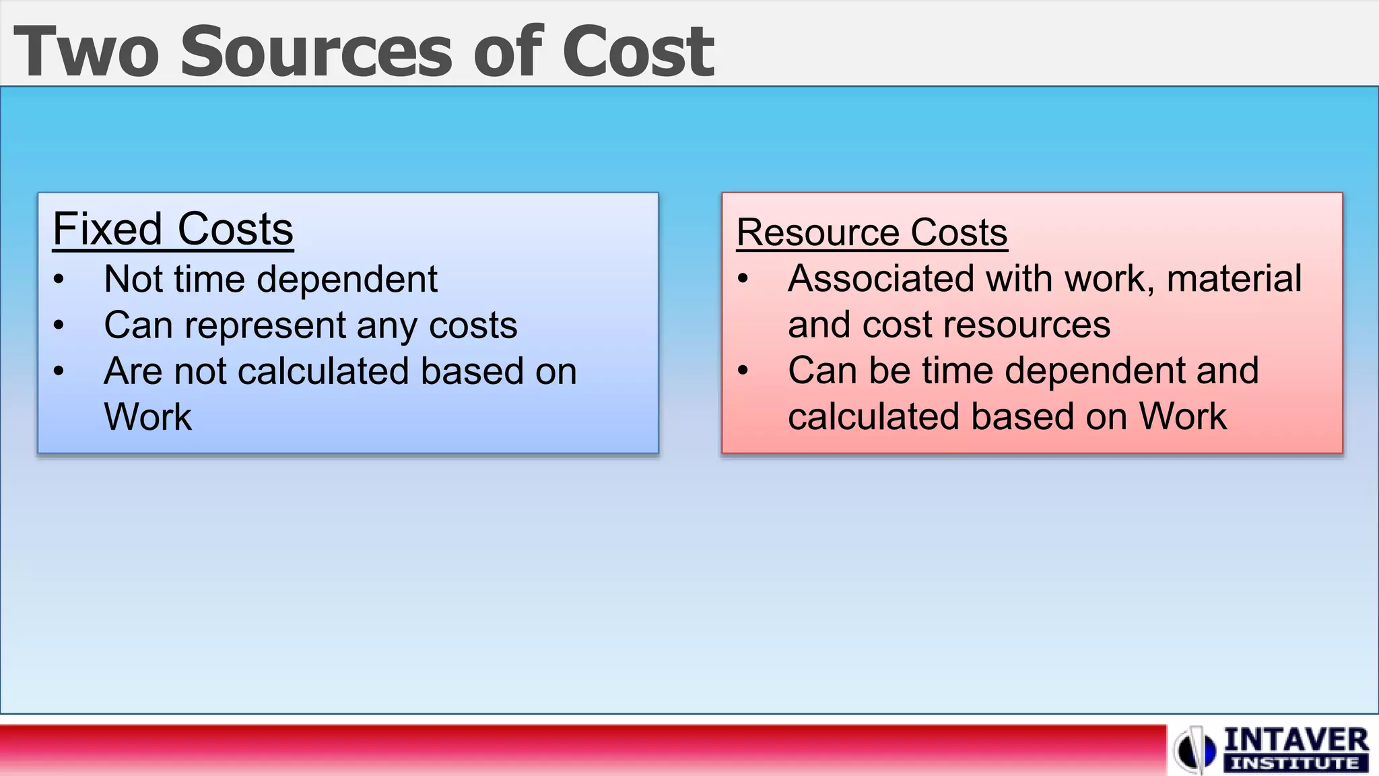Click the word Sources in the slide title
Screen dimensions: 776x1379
pos(316,52)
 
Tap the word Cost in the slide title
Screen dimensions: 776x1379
pos(638,52)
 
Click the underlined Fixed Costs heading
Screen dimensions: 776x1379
pos(173,230)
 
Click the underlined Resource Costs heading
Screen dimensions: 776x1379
pos(872,233)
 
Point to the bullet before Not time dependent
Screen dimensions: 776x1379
pos(59,280)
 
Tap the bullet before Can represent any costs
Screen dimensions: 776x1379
pos(59,326)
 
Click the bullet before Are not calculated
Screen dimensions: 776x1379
pos(59,371)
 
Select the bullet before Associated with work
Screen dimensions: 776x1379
pos(743,279)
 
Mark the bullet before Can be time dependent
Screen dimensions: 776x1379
pos(743,370)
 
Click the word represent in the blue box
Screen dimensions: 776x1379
pos(265,326)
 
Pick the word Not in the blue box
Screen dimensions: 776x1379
pos(133,280)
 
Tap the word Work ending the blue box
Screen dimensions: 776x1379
pos(147,417)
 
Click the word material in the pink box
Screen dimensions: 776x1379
pos(1234,279)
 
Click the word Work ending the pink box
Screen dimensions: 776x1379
pos(1183,416)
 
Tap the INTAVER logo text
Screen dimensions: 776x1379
pos(1296,741)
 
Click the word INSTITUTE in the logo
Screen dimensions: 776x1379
pos(1295,764)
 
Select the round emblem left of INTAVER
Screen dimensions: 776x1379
pos(1195,750)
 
